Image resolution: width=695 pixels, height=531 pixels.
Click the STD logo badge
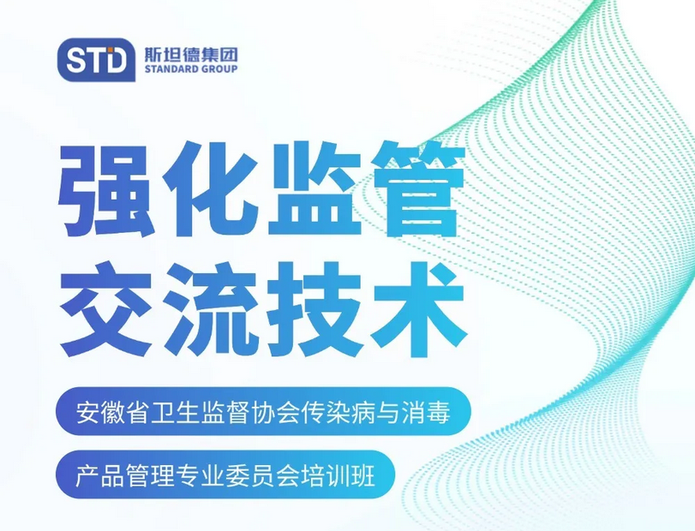[96, 59]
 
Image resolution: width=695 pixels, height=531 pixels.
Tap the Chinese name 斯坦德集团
[191, 54]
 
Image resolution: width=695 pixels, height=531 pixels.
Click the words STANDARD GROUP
[191, 69]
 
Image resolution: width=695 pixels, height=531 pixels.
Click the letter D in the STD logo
[117, 60]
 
